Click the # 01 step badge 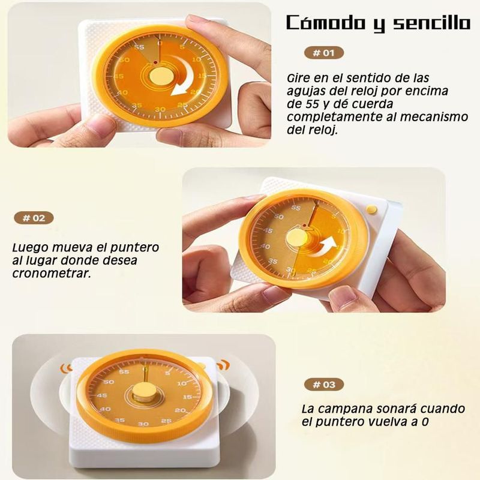click(324, 53)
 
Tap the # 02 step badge click(34, 218)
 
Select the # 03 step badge click(324, 384)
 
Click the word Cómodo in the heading click(327, 22)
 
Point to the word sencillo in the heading click(431, 23)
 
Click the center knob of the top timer click(161, 76)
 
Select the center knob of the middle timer click(296, 238)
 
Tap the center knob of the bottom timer click(144, 392)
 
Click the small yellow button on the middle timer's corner click(371, 209)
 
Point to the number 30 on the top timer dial click(160, 109)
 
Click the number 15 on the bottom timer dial click(187, 397)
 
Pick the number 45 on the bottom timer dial click(102, 395)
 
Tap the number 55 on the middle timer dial click(296, 208)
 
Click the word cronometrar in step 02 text click(52, 274)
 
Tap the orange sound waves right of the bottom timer click(223, 365)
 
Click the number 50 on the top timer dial click(124, 59)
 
